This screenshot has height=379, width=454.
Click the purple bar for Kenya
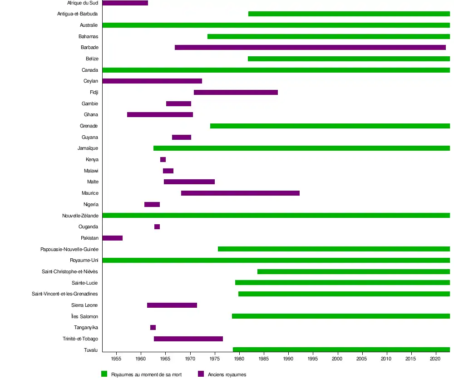[x=163, y=159]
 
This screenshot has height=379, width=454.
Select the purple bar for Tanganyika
[x=153, y=327]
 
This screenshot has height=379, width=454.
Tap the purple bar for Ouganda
[x=157, y=226]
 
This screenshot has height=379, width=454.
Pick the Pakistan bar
[x=113, y=238]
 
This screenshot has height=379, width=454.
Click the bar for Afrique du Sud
[x=125, y=3]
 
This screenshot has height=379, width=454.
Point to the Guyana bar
[x=182, y=137]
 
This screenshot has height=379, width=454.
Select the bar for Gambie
[x=178, y=103]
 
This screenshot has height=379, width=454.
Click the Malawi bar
[x=168, y=171]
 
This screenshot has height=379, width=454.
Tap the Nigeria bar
[x=152, y=204]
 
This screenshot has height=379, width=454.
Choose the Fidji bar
[x=236, y=92]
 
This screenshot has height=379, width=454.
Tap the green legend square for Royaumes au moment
[x=104, y=374]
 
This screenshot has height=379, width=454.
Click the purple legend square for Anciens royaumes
[x=201, y=374]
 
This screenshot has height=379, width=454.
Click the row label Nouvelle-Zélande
[x=80, y=216]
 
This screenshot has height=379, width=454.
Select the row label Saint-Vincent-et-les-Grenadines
[x=65, y=294]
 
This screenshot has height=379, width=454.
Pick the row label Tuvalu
[x=91, y=349]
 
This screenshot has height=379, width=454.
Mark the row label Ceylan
[x=91, y=81]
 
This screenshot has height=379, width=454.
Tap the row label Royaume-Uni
[x=84, y=260]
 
